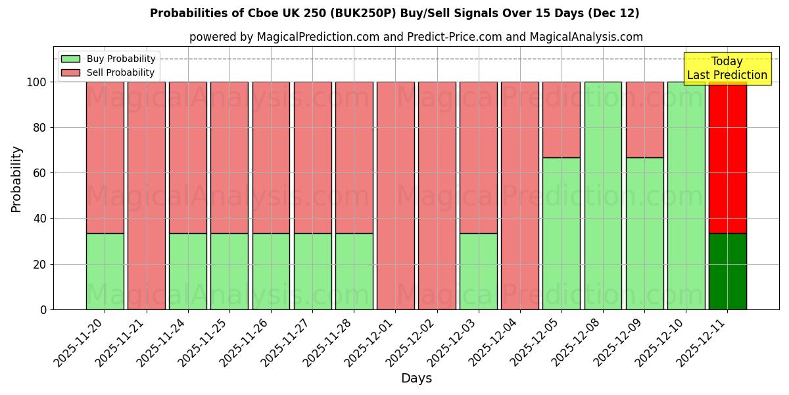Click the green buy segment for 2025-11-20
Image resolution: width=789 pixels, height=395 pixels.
click(105, 271)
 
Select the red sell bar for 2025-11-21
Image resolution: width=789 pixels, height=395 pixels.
click(147, 196)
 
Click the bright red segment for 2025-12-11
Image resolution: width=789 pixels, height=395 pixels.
click(727, 157)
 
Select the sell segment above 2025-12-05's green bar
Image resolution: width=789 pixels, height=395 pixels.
click(562, 120)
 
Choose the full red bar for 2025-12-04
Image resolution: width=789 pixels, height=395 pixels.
click(520, 196)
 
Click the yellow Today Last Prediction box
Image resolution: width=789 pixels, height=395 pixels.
click(727, 68)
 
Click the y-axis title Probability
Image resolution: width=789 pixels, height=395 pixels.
click(16, 179)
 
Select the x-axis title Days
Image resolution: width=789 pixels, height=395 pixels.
click(416, 379)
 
